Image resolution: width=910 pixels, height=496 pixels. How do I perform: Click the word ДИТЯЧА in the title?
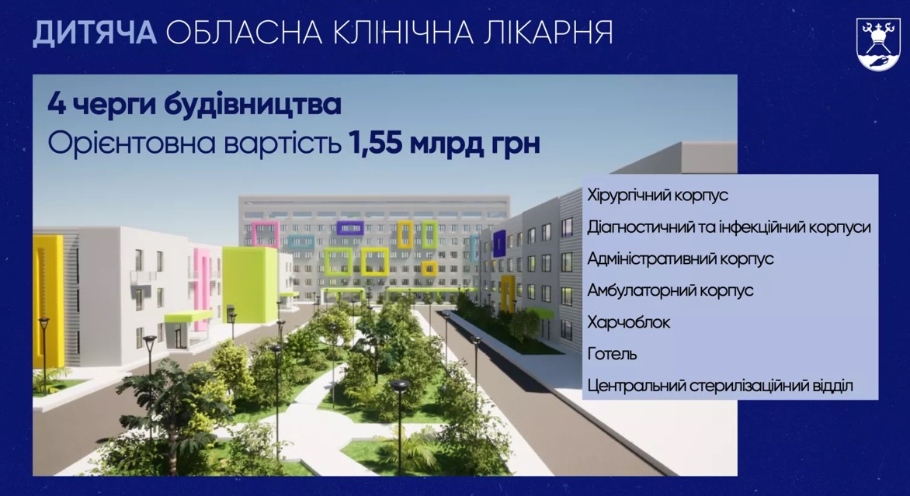95,33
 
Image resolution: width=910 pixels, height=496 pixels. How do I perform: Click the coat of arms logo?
878,44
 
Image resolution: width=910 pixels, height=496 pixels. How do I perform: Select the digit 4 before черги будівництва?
57,105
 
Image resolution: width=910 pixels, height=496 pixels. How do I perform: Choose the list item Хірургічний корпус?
658,195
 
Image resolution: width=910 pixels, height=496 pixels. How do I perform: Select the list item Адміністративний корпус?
680,258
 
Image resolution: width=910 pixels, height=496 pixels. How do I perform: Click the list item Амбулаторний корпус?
670,290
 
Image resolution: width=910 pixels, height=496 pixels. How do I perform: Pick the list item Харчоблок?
628,322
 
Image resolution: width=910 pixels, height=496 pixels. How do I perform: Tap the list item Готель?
612,354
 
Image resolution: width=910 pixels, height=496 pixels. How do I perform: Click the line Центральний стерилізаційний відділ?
721,386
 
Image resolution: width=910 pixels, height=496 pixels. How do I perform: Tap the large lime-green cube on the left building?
249,284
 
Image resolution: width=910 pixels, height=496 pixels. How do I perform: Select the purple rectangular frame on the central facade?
350,228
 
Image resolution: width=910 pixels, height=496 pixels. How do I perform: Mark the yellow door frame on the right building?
507,293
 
